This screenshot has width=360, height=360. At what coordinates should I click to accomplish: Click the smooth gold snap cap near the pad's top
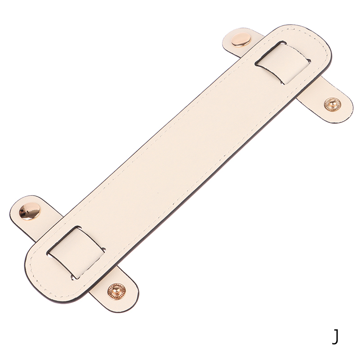point(241,40)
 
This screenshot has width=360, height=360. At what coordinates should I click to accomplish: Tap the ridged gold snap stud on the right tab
point(332,104)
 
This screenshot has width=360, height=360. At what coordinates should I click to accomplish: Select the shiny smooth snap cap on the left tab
point(30,211)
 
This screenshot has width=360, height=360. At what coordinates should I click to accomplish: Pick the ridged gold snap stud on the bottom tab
point(117,291)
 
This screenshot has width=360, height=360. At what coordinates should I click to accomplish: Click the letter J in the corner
point(335,337)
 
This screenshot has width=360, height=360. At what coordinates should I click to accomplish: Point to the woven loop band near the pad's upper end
point(283,63)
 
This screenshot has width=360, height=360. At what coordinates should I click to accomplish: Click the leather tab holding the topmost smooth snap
point(243,42)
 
